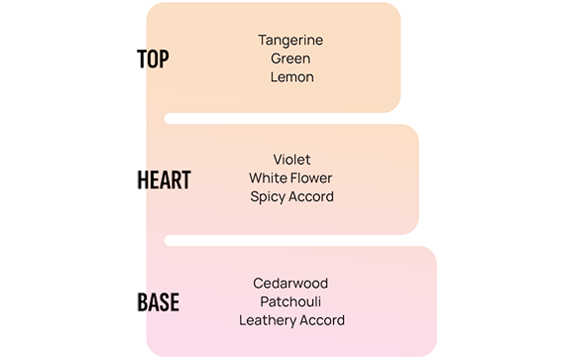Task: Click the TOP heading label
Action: (x=153, y=59)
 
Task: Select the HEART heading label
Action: (x=164, y=180)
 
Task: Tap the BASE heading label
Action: (x=159, y=302)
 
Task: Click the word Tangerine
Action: (x=290, y=41)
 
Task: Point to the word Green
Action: (x=290, y=59)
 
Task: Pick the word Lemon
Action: (x=292, y=77)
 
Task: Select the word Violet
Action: (x=291, y=160)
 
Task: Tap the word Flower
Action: (x=310, y=178)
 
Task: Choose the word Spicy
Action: (x=268, y=197)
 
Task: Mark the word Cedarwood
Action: (x=290, y=284)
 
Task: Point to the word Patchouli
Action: (x=290, y=301)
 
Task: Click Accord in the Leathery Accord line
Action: (x=322, y=320)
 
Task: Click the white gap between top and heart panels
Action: (x=283, y=119)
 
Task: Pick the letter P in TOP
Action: (x=164, y=59)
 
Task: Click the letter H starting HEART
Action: (x=143, y=180)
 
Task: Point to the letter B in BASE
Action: (x=143, y=302)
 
